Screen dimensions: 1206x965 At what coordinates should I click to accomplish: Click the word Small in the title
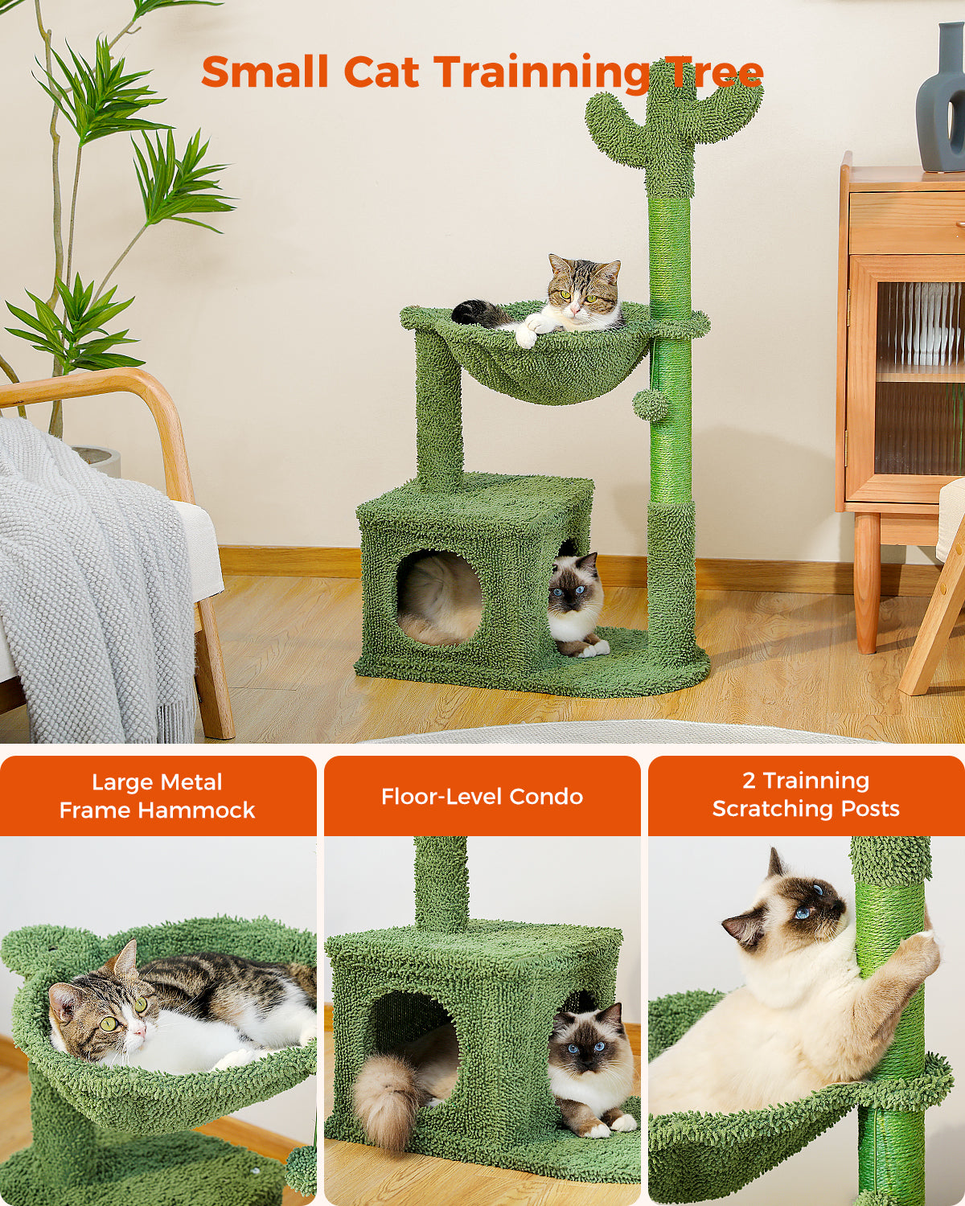tap(265, 72)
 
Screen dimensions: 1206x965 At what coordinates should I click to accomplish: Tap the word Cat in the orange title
tap(382, 72)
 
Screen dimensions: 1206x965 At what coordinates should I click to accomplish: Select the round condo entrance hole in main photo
tap(439, 597)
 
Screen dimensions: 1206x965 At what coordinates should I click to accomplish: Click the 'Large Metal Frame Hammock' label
tap(158, 796)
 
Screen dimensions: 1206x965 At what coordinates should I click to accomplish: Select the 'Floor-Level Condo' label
tap(482, 796)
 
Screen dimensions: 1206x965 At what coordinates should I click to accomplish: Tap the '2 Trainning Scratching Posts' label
tap(806, 794)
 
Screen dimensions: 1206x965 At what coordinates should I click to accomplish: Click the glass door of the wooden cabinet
tap(917, 378)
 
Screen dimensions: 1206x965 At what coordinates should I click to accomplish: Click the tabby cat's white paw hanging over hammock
tap(526, 335)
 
